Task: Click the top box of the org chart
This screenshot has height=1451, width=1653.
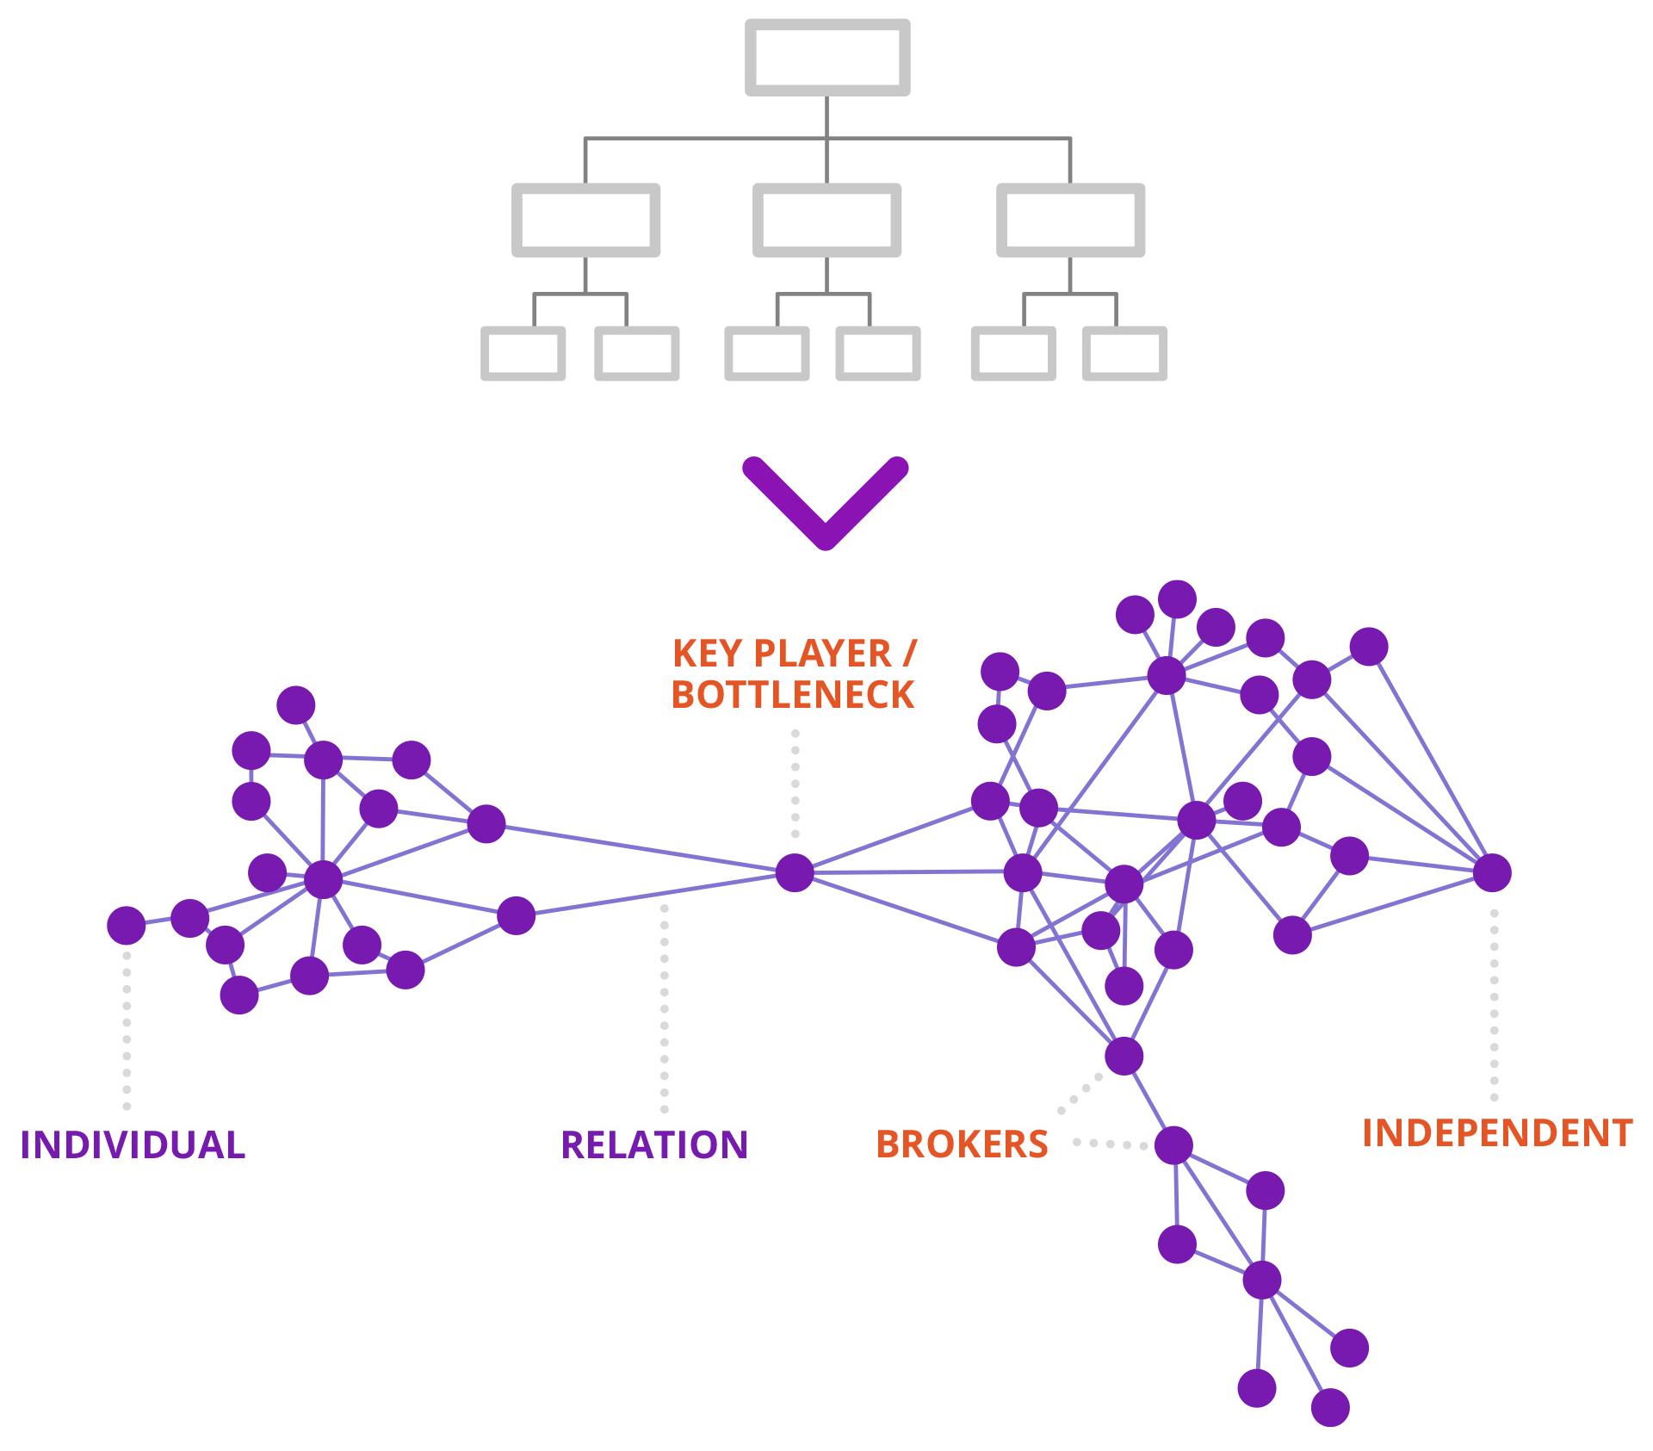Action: [x=827, y=57]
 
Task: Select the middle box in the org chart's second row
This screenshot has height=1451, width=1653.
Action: [x=826, y=220]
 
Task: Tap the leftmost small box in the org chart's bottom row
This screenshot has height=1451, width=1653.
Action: [x=523, y=353]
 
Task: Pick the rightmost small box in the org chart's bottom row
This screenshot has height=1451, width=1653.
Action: [x=1124, y=353]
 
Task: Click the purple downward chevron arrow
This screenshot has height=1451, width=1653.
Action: [x=825, y=503]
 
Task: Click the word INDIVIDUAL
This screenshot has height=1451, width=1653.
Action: [x=133, y=1145]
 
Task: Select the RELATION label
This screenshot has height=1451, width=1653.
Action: [x=654, y=1145]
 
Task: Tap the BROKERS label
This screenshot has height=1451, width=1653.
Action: [x=962, y=1144]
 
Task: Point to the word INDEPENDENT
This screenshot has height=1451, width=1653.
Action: [x=1497, y=1133]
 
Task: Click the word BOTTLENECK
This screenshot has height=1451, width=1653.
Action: [x=792, y=695]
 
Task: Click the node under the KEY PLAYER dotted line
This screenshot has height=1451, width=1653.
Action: [x=794, y=872]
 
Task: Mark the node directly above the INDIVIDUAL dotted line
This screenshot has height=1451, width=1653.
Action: [x=127, y=925]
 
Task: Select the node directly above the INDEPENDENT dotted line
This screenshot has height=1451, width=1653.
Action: [x=1492, y=872]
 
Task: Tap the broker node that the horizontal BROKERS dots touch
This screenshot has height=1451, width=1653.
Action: [x=1173, y=1145]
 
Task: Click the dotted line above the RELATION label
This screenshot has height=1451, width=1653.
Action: [x=665, y=1008]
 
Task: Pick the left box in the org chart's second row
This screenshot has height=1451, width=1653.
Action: [x=585, y=220]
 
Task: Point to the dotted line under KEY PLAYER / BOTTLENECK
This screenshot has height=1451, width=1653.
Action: [x=796, y=784]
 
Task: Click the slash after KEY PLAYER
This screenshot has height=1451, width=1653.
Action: [x=910, y=654]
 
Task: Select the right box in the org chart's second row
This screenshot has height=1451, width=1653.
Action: [x=1070, y=220]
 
